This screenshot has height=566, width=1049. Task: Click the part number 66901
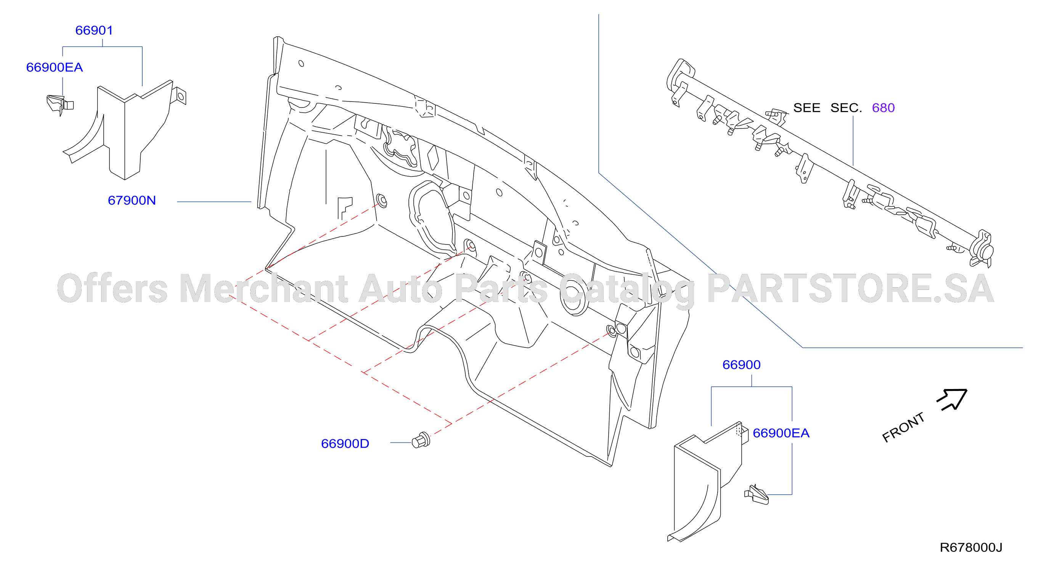94,31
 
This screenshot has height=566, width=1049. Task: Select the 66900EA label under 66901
55,68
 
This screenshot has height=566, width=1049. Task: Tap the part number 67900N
132,201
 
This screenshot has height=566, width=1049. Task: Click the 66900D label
345,444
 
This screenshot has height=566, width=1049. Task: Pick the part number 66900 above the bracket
741,365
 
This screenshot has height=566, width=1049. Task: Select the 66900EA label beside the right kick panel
781,433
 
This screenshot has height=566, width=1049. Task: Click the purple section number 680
883,108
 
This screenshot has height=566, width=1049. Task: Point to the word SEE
807,108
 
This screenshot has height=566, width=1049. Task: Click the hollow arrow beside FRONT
953,399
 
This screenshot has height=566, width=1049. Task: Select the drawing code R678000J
971,548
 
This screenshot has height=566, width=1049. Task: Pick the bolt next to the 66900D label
421,440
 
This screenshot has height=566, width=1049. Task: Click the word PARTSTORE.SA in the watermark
850,289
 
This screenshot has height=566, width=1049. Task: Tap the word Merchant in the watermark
263,289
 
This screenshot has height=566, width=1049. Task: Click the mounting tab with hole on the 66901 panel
179,97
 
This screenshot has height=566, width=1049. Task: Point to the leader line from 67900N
214,201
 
